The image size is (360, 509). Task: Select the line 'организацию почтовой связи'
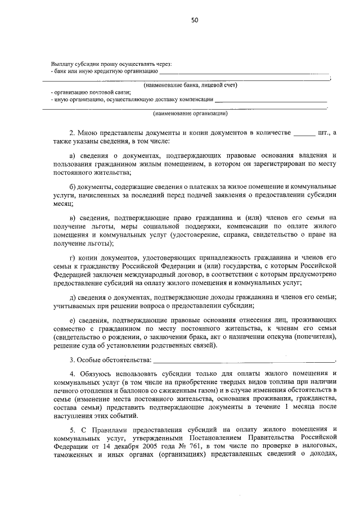click(92, 92)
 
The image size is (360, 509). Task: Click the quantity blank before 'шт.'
click(305, 134)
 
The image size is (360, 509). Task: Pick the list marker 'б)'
click(73, 186)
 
